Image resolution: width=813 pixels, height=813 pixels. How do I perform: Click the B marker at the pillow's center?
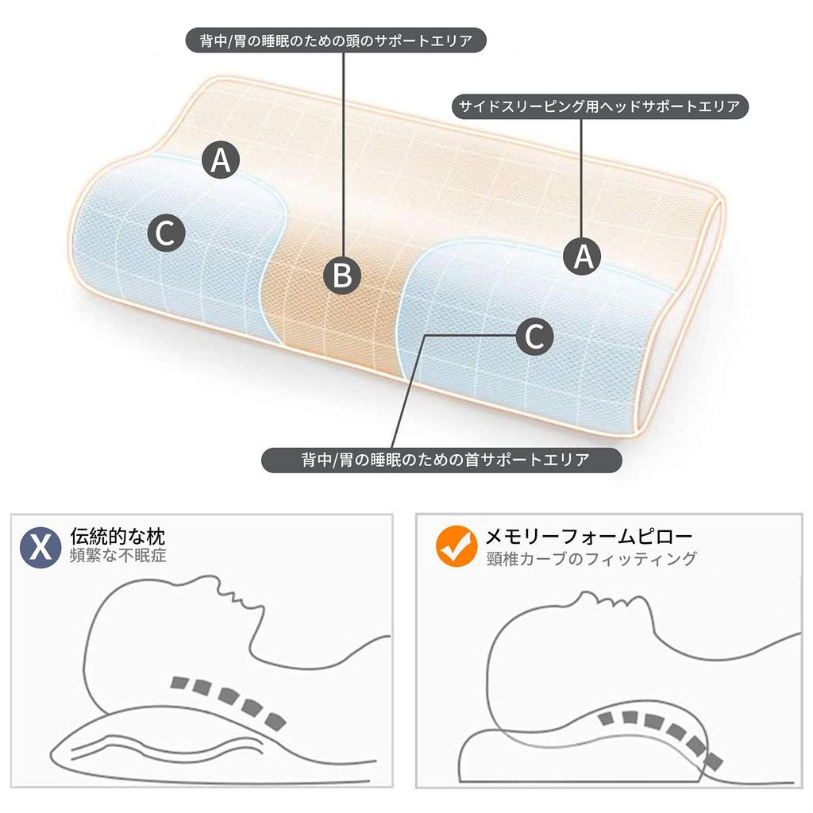(x=342, y=275)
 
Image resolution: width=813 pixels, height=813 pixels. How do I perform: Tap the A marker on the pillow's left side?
(x=221, y=160)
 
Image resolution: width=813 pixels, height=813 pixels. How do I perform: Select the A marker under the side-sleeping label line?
(x=584, y=256)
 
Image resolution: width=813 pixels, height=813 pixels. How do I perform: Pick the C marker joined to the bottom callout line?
(x=534, y=337)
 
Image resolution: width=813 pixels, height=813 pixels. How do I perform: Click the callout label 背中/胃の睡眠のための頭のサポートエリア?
(x=336, y=40)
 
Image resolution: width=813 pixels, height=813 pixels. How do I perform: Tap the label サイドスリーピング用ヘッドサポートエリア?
(x=599, y=107)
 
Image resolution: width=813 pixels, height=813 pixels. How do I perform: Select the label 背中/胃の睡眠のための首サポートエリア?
(x=441, y=460)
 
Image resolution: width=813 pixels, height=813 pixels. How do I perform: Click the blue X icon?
(x=40, y=547)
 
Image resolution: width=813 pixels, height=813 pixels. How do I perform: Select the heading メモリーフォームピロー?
(x=589, y=536)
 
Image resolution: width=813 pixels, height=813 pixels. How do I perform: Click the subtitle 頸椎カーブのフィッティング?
(x=591, y=559)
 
